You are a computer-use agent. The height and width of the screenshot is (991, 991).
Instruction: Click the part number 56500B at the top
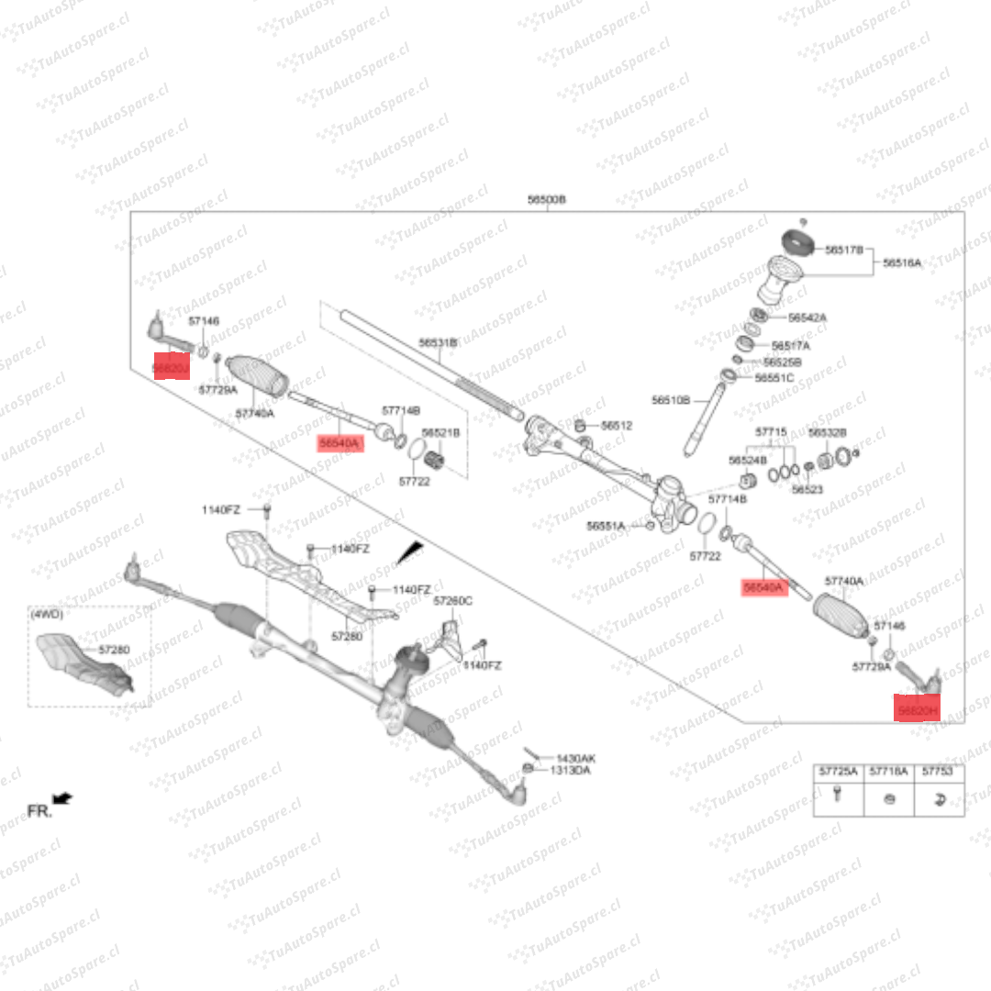pos(547,199)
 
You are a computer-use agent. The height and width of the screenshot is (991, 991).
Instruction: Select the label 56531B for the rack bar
pos(438,342)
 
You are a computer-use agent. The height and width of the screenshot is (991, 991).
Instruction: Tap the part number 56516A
pos(902,262)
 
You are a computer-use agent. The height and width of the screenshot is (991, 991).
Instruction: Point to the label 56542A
pos(807,317)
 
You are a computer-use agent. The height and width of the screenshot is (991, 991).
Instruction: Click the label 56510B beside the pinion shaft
pos(671,400)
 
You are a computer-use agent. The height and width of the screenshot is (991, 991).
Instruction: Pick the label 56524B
pos(747,460)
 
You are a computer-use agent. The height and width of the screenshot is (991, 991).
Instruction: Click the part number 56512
pos(617,426)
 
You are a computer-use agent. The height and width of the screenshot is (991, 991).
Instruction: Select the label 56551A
pos(606,526)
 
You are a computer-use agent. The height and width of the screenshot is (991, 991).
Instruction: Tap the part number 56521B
pos(440,432)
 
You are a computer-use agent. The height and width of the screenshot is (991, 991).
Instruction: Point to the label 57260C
pos(452,601)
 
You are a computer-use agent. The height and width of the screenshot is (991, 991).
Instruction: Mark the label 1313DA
pos(570,771)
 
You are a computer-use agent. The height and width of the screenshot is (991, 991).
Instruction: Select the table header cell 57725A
pos(838,773)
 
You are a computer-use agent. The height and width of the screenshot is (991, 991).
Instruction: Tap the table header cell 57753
pos(938,773)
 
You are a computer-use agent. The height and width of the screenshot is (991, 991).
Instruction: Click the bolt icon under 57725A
pos(837,797)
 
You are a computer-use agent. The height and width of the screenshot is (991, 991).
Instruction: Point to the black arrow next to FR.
pos(64,799)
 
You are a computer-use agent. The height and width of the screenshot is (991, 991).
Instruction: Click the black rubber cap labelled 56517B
pos(797,242)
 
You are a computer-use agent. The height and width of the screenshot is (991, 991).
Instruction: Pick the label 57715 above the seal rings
pos(771,431)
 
